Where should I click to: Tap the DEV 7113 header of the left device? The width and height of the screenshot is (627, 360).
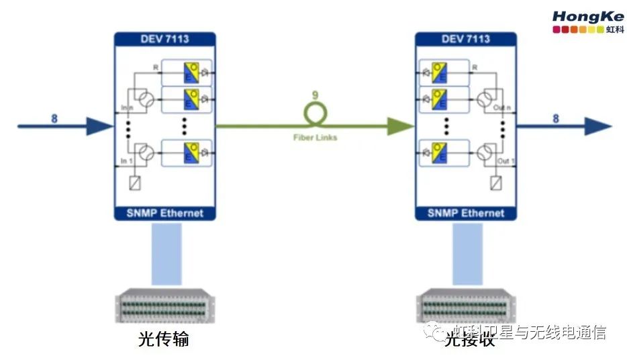tap(164, 39)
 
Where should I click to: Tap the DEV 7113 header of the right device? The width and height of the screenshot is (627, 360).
tap(465, 39)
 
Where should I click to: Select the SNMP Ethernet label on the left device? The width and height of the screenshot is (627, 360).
tap(164, 214)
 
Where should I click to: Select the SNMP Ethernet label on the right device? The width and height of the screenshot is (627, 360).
tap(465, 214)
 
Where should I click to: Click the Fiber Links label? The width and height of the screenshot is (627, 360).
tap(315, 138)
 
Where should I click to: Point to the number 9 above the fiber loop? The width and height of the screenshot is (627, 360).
tap(315, 95)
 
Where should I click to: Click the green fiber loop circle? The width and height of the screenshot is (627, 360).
tap(315, 114)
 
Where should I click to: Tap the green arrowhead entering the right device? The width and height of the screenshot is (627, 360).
tap(401, 126)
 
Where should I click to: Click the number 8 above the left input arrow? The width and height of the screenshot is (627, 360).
tap(54, 119)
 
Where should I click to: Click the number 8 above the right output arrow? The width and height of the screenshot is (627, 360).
tap(555, 119)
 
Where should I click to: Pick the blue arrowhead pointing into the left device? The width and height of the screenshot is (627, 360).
tap(101, 126)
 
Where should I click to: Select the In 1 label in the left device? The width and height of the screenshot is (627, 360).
tap(126, 161)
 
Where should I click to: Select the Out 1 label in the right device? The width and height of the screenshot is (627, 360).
tap(505, 161)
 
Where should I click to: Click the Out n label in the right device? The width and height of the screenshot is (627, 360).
tap(504, 107)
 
